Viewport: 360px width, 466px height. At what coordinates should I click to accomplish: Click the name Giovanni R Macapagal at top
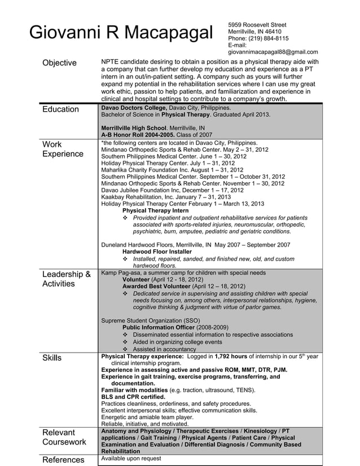click(121, 33)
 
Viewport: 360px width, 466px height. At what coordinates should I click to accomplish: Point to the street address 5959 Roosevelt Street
click(257, 25)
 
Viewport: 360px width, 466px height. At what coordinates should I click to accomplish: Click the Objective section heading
click(60, 63)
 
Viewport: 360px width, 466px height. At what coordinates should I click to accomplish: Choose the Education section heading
click(61, 109)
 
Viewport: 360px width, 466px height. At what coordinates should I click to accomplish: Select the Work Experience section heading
click(63, 149)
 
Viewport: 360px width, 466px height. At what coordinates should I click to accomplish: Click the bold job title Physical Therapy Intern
click(155, 210)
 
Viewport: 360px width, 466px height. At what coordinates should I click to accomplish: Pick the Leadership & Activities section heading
click(67, 279)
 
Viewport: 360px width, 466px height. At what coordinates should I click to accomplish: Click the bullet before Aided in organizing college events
click(125, 342)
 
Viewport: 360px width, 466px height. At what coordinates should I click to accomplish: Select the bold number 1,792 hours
click(231, 357)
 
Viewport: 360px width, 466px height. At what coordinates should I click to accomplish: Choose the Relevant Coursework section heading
click(64, 437)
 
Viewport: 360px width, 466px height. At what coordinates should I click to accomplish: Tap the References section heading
click(63, 460)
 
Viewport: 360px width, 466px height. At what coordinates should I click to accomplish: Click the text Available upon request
click(130, 459)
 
